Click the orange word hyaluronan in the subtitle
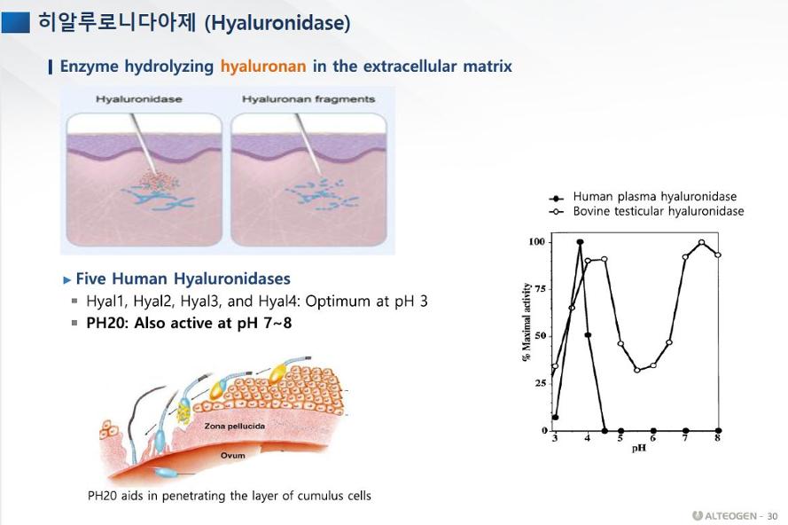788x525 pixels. point(263,67)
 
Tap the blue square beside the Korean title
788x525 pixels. point(16,22)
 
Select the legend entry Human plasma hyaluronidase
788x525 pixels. point(655,197)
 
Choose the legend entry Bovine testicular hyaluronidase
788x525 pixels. point(659,211)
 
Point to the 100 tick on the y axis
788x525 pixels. point(537,242)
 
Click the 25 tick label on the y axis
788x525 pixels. point(540,383)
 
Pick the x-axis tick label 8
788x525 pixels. point(718,438)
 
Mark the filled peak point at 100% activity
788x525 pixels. point(580,242)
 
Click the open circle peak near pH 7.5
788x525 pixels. point(701,242)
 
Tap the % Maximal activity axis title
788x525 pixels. point(527,322)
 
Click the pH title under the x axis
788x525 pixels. point(639,448)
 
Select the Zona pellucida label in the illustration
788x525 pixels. point(235,426)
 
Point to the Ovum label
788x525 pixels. point(233,456)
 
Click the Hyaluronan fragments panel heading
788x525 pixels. point(308,99)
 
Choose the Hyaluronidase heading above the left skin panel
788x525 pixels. point(138,99)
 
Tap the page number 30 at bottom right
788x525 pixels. point(772,516)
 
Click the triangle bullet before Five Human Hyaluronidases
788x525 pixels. point(67,279)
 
